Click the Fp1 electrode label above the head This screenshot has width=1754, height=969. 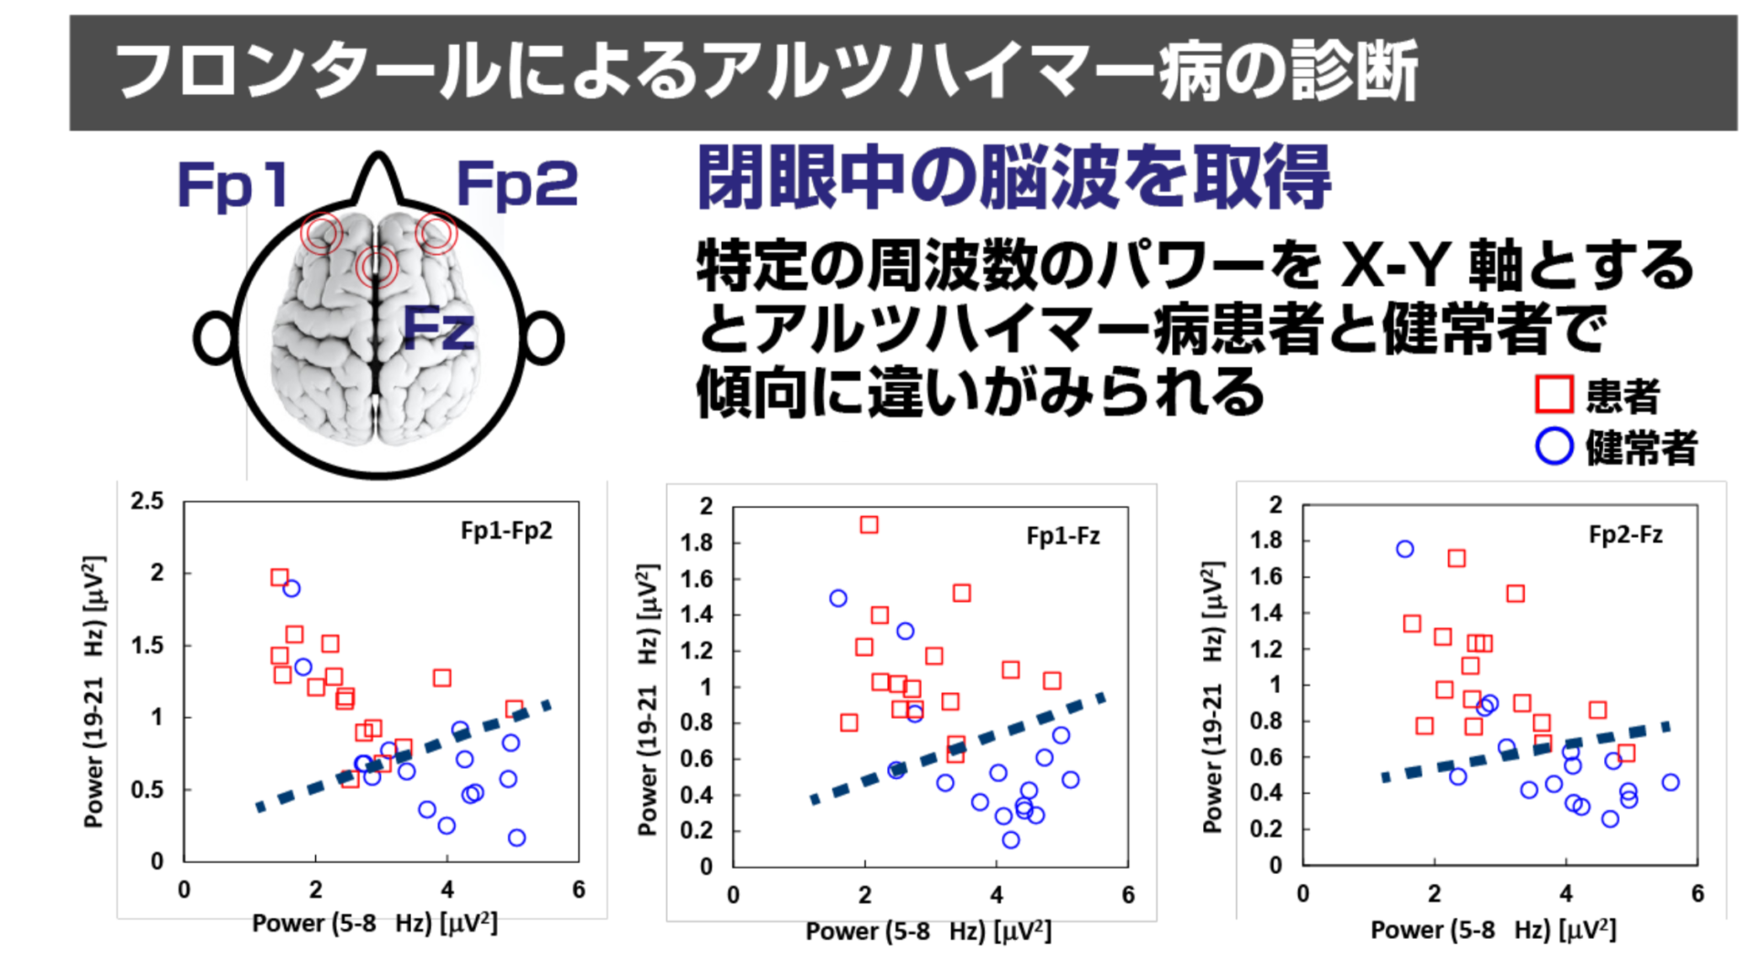234,184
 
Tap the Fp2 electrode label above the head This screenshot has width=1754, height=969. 516,184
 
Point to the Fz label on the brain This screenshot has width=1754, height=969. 438,328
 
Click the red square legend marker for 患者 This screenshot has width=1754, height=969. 1553,395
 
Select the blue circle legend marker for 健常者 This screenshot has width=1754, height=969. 1553,447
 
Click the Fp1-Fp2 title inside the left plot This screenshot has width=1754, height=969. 506,531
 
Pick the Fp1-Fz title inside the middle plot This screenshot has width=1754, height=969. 1062,536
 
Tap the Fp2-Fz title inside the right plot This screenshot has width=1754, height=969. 1625,534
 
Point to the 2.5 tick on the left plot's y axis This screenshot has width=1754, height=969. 147,500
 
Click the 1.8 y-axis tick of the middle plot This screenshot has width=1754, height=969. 696,542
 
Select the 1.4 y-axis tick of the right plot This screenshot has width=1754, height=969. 1265,613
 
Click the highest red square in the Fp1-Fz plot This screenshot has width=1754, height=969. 869,525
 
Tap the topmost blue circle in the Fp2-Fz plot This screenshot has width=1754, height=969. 1405,549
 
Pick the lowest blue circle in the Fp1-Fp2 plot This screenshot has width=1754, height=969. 516,837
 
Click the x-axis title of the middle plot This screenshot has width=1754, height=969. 928,932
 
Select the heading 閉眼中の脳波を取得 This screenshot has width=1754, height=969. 1013,178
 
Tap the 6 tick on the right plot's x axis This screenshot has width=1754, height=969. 1697,894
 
